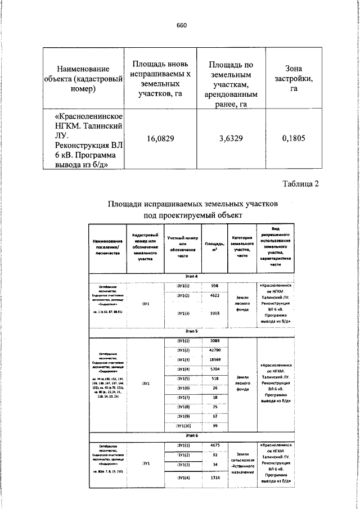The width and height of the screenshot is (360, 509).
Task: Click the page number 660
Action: point(181,25)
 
